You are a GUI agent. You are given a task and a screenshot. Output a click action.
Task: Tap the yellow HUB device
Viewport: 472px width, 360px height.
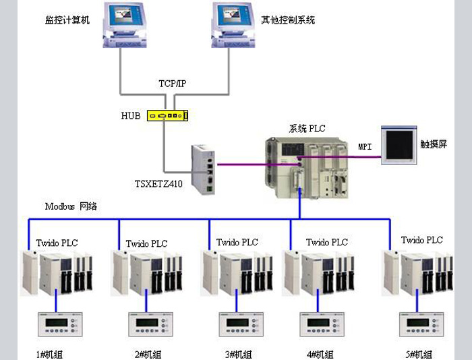[x=168, y=116]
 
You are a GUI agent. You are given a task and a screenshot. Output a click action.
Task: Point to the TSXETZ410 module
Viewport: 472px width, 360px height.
[x=203, y=169]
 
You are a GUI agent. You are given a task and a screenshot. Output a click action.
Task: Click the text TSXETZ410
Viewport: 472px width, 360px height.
[x=162, y=183]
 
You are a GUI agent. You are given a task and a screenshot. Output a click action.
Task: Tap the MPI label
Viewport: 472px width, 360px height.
[x=365, y=146]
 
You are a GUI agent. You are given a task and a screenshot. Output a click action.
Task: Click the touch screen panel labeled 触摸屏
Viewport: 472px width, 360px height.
[x=401, y=144]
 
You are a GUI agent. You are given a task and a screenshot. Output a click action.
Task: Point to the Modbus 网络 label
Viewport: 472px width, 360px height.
[x=71, y=206]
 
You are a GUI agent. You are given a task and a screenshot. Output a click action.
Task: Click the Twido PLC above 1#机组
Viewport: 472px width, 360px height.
[x=59, y=272]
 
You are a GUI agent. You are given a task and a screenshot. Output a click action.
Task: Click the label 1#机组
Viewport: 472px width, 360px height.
[x=50, y=354]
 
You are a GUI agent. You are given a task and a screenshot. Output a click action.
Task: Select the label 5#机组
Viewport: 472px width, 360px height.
[x=419, y=354]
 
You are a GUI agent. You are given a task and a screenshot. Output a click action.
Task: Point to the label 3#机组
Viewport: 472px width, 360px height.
[x=237, y=354]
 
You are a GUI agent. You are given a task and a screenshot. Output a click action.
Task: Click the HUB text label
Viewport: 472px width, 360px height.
[x=131, y=116]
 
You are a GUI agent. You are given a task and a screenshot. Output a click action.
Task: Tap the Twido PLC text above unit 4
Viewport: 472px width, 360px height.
[x=327, y=242]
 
